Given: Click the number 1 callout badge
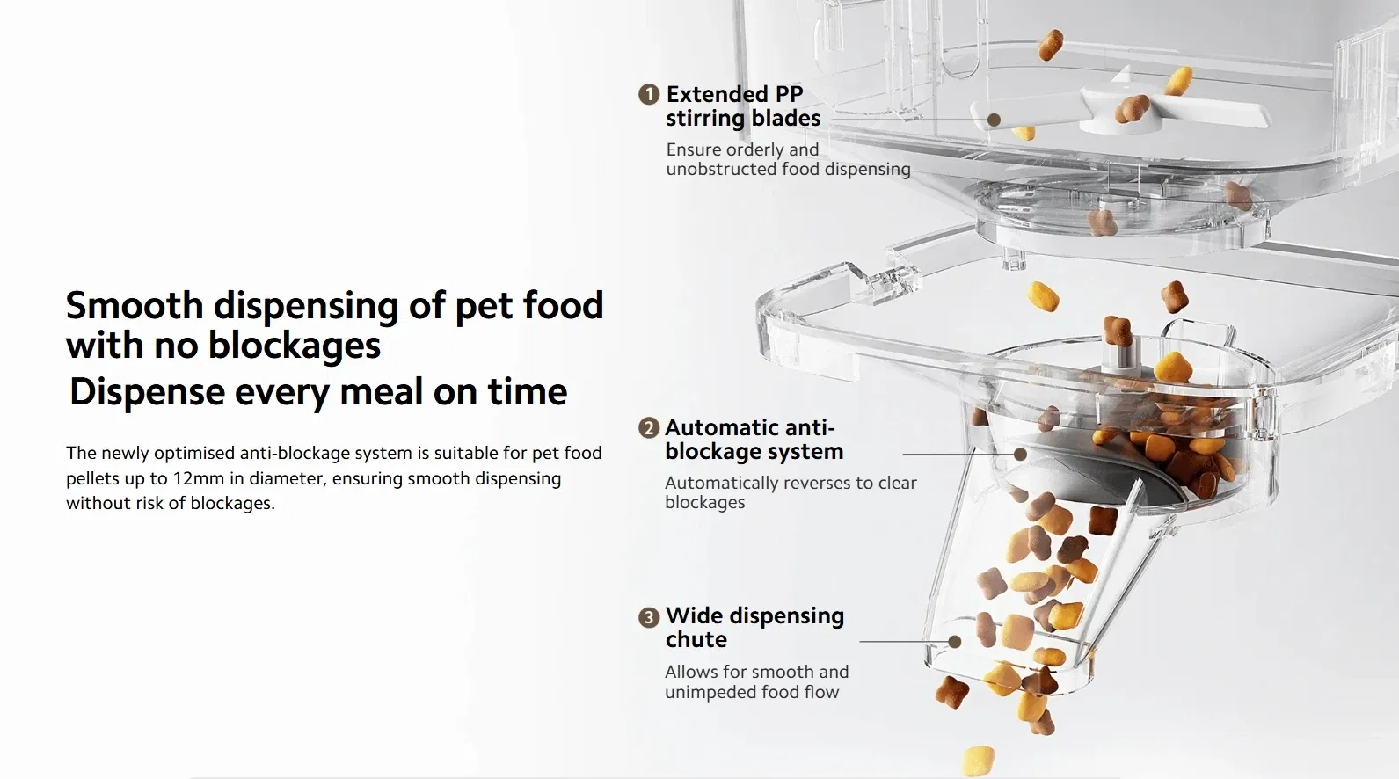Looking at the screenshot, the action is click(649, 94).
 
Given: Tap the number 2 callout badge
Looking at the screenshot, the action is click(649, 428).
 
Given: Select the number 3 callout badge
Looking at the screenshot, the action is click(649, 617).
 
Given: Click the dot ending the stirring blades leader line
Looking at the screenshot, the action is click(994, 120).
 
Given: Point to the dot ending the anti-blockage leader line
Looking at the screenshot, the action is click(1020, 455).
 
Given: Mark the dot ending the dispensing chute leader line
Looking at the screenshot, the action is click(954, 642).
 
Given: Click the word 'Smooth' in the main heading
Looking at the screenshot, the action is click(135, 305).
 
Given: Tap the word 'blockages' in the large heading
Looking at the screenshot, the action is click(294, 346).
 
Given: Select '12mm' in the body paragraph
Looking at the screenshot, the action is click(198, 478).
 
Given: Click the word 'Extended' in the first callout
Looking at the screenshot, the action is click(717, 94).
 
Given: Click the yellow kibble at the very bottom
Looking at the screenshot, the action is click(978, 761).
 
